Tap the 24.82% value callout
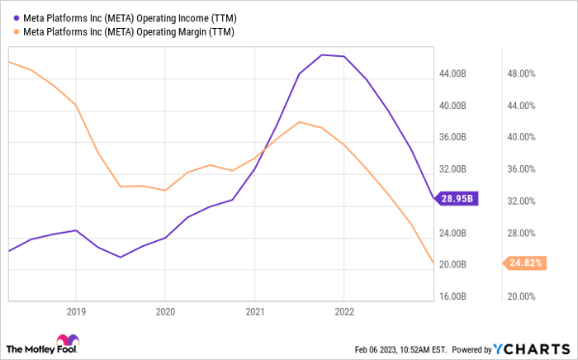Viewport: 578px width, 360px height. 524,263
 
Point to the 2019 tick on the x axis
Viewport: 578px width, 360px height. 76,312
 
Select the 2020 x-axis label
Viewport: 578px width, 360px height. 165,312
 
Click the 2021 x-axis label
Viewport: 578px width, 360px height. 254,312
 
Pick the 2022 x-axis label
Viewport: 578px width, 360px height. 343,312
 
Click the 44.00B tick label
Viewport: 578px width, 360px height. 455,74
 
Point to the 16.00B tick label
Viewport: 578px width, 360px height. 455,296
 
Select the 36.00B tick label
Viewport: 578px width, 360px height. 455,138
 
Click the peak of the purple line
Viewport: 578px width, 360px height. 321,54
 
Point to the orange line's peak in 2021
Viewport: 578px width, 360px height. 299,122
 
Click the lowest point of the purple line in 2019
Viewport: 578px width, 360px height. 121,257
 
